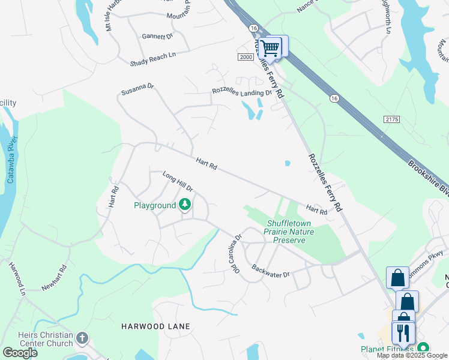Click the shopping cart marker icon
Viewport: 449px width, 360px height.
tap(271, 47)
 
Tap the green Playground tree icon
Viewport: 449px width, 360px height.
tap(185, 205)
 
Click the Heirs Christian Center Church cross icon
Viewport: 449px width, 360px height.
tap(82, 340)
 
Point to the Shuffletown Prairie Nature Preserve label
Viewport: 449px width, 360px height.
tap(286, 232)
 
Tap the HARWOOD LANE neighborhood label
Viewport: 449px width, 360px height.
tap(155, 326)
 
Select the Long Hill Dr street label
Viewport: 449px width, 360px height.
tap(177, 182)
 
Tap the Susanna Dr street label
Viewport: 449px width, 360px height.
tap(137, 89)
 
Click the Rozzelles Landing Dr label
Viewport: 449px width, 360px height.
tap(241, 92)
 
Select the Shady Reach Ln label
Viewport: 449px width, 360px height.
tap(153, 58)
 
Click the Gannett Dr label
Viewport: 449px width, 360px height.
tap(157, 37)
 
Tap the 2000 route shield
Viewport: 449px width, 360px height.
tap(246, 56)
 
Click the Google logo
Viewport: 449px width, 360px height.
tap(20, 353)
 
